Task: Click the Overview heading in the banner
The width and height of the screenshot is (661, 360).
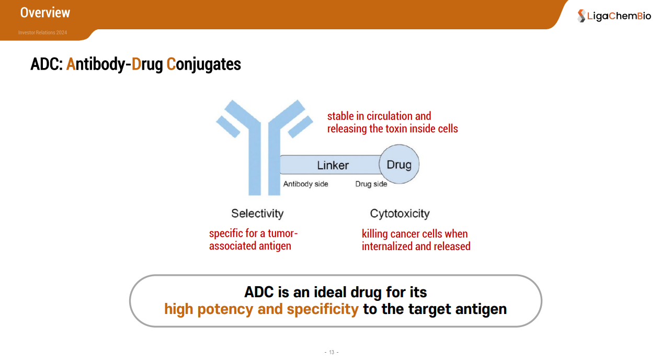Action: [x=45, y=13]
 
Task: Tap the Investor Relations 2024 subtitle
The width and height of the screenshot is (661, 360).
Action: [x=42, y=32]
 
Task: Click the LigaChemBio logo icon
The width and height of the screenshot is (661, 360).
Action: [x=582, y=16]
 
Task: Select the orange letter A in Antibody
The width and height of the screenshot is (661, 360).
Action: [x=71, y=64]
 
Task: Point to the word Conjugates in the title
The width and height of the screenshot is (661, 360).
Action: [x=203, y=65]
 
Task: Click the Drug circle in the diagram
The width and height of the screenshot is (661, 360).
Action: [x=399, y=164]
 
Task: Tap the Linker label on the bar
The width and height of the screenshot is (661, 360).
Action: [x=333, y=165]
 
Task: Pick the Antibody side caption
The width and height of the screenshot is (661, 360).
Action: [x=306, y=184]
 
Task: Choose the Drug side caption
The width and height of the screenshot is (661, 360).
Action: [x=371, y=184]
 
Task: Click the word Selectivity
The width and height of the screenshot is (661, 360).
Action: [x=257, y=213]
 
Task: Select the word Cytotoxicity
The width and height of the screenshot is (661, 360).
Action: [x=400, y=213]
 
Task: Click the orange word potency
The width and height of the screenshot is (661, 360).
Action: [x=225, y=309]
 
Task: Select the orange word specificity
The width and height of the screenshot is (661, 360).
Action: [x=323, y=309]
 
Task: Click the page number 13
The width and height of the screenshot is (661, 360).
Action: [x=332, y=352]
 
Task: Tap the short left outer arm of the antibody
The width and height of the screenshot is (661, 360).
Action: [x=228, y=127]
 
